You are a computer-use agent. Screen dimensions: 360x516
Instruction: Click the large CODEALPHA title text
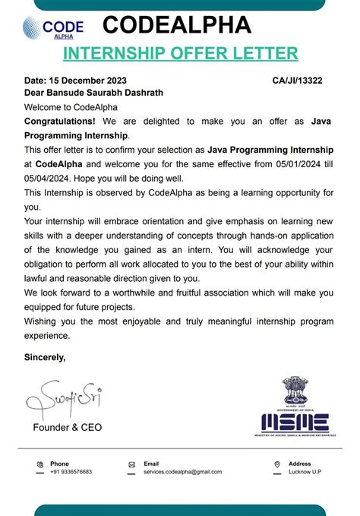[176, 25]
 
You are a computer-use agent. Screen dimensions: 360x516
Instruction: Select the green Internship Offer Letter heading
[180, 53]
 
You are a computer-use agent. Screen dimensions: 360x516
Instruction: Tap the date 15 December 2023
[88, 81]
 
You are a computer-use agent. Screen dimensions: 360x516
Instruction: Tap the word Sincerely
[45, 356]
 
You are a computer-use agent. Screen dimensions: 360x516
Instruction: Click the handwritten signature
[64, 399]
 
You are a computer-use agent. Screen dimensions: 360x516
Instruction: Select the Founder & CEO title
[67, 427]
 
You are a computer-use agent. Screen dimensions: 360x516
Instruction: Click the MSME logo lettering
[295, 422]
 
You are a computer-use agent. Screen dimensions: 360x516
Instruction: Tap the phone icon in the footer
[40, 464]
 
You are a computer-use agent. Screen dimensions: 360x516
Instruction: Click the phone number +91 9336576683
[71, 472]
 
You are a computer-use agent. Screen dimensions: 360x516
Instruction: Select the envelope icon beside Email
[131, 464]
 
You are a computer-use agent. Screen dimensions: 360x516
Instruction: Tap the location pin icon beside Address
[277, 464]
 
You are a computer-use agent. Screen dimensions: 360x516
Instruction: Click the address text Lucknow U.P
[305, 472]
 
